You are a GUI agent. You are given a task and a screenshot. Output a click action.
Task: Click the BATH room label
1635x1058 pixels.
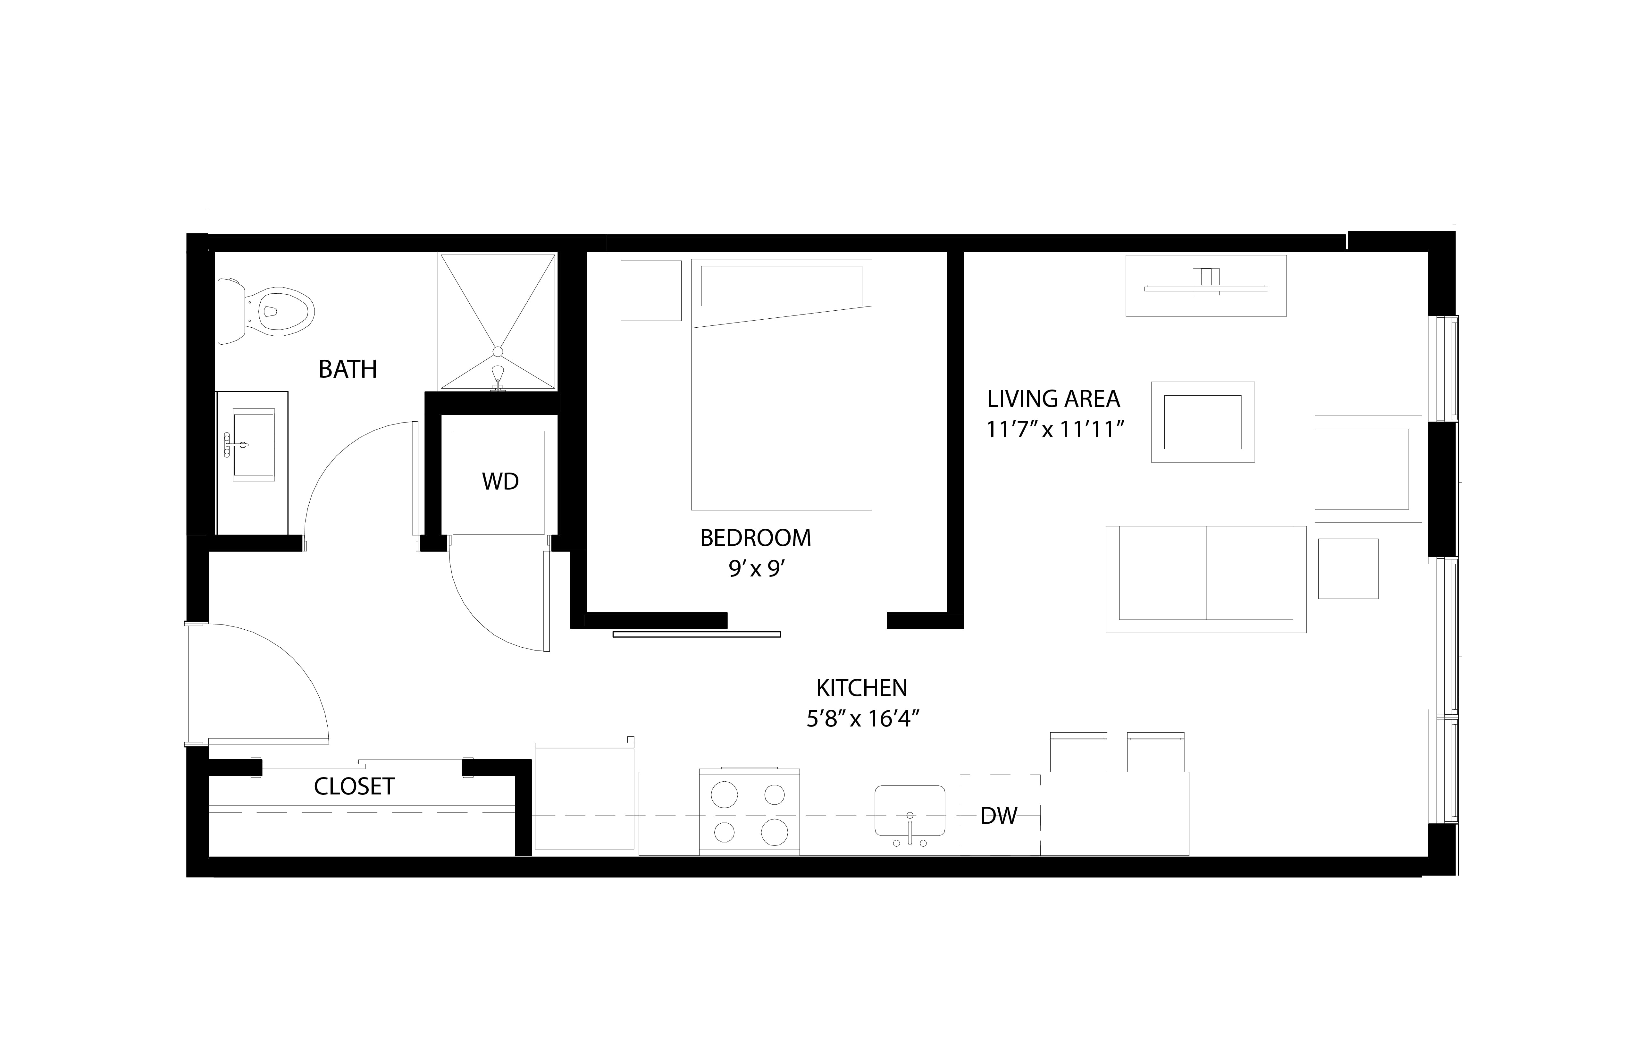coord(348,370)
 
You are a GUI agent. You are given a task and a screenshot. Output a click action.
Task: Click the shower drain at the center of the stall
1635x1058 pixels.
coord(497,352)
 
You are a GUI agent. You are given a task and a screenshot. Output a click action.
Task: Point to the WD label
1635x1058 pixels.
coord(500,482)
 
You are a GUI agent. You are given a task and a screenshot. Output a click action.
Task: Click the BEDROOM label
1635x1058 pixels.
coord(756,538)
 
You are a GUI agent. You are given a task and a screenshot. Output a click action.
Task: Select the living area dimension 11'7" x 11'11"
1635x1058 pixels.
coord(1055,430)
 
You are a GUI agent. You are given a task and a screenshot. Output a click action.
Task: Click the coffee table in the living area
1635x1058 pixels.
coord(1203,422)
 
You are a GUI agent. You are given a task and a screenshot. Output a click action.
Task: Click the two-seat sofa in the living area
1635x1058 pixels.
coord(1206,579)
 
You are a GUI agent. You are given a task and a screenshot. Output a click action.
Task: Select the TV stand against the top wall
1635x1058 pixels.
coord(1206,286)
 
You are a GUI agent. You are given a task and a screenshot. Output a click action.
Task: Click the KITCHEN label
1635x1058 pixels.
coord(861,688)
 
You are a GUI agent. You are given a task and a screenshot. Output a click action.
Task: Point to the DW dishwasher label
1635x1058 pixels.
coord(999,816)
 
